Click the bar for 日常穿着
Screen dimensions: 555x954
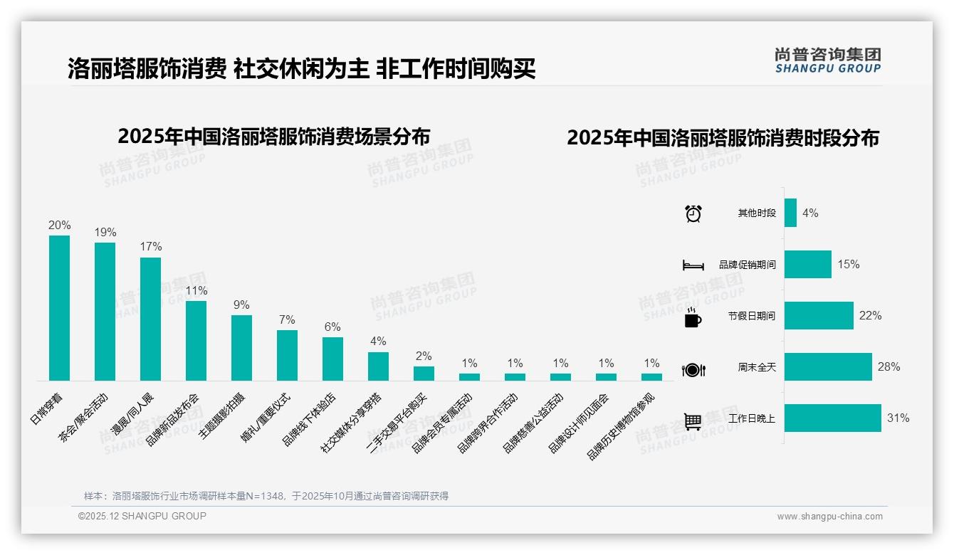tap(59, 307)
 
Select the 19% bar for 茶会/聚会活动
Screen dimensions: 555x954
tap(105, 311)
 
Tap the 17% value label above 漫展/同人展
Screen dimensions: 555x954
tap(150, 247)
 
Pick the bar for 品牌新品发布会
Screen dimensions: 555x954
tap(196, 340)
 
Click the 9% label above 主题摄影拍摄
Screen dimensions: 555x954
tap(241, 305)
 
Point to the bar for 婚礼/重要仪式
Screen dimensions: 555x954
tap(287, 355)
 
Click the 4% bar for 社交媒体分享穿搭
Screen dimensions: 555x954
tap(378, 366)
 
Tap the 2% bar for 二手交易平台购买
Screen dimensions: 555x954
tap(424, 373)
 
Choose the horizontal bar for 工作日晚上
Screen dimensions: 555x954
tap(832, 418)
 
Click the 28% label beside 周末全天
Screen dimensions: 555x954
tap(889, 367)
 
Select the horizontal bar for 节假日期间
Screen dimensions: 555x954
tap(819, 316)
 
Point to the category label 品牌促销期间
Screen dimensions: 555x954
tap(747, 265)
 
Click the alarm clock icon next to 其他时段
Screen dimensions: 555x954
tap(693, 213)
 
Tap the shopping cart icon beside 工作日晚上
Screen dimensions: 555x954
tap(693, 421)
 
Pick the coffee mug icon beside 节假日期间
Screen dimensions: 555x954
tap(693, 317)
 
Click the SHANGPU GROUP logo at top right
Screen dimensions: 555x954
tap(827, 60)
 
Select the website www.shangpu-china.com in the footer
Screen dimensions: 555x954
tap(829, 517)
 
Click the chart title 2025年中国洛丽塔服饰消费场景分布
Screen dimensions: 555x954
tap(274, 137)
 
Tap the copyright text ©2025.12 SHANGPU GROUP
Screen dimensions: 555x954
tap(142, 517)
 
